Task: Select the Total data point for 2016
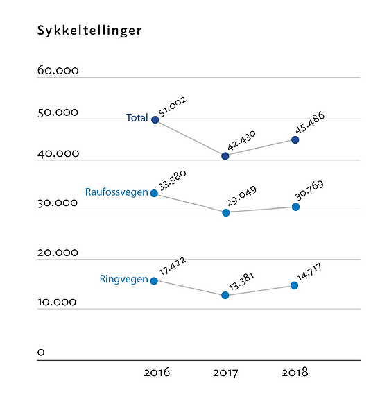(155, 119)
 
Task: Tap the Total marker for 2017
(225, 155)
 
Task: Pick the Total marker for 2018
(295, 139)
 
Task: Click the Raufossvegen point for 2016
(154, 193)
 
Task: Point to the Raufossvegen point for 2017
(225, 212)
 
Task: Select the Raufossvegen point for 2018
(295, 207)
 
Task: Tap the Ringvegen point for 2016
(154, 280)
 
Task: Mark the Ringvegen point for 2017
(225, 295)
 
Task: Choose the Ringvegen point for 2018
(295, 285)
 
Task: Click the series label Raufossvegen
(116, 192)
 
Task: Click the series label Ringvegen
(124, 280)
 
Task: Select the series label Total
(137, 118)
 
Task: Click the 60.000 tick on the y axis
(58, 71)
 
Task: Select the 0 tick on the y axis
(41, 353)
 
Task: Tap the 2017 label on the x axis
(225, 373)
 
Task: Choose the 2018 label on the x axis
(295, 373)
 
